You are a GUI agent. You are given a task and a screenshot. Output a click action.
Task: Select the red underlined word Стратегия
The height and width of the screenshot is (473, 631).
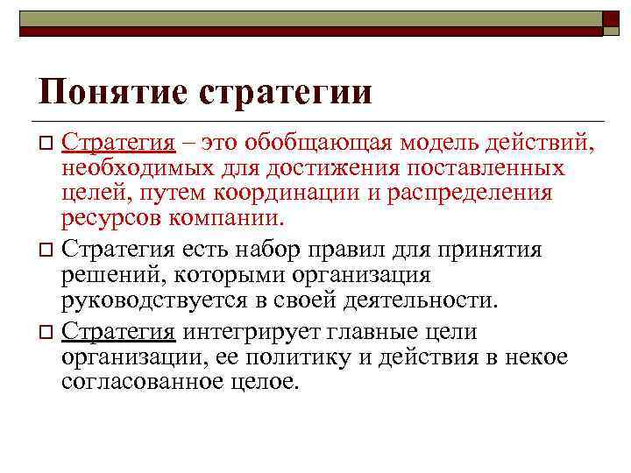click(x=118, y=141)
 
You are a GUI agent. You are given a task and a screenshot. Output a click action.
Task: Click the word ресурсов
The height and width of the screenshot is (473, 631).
click(x=110, y=217)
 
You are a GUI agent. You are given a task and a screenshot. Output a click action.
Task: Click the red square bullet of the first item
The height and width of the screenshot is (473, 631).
click(x=47, y=142)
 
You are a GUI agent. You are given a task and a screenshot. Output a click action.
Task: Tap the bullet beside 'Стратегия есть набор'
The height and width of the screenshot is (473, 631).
click(x=47, y=251)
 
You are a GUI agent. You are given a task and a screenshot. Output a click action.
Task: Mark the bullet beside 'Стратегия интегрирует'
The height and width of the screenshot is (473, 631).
click(x=47, y=332)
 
